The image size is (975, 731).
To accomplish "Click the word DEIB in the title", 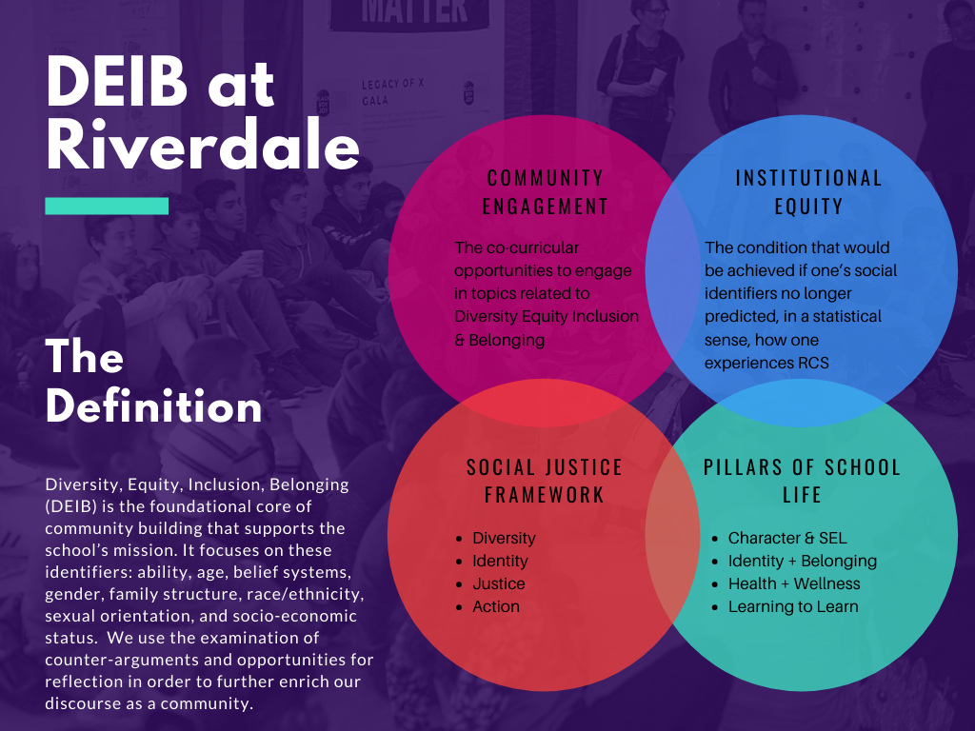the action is pos(117,82).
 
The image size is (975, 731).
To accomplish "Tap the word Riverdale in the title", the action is pos(203,145).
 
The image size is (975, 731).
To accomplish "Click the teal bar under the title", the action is pos(107,206).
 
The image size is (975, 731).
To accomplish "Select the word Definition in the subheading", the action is pos(153,407).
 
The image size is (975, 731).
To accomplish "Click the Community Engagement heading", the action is pos(546,192).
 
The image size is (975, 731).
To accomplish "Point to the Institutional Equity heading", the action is pos(809,192).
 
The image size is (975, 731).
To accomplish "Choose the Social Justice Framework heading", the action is pos(545,481).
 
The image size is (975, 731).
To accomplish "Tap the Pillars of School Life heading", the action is pos(802,481).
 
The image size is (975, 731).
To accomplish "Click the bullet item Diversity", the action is pos(504,538).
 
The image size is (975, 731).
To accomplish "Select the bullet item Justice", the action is pos(499,583).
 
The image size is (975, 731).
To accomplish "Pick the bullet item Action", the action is pos(495,606).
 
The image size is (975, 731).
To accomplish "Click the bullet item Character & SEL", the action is pos(787,538).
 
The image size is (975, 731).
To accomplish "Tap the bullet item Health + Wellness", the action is pos(794,583).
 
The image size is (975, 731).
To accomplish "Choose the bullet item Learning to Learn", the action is pos(793,606).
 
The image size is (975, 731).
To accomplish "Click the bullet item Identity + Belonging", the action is pos(802,562).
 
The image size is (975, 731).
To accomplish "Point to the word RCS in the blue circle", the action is pos(812,363).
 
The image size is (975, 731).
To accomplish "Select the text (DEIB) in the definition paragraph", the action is pos(70,506).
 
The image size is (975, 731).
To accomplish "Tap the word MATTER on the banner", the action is pos(414,11).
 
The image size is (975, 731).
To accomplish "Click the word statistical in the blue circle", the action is pos(846,316).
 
